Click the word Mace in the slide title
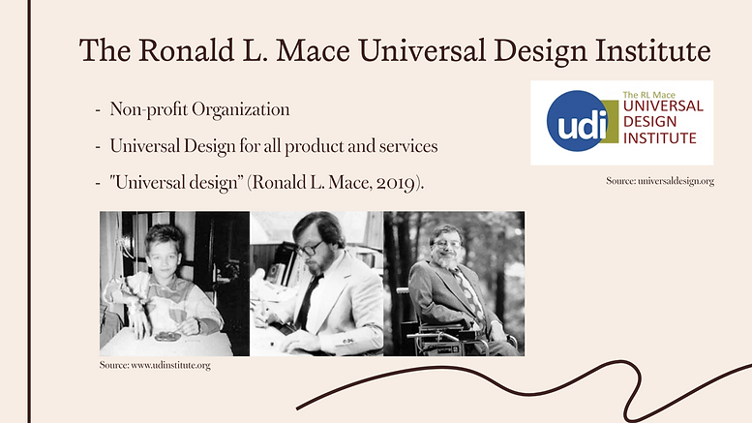313,50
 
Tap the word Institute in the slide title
652,50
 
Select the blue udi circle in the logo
578,121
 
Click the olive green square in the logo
610,121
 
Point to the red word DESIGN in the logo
649,122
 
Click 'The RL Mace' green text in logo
648,95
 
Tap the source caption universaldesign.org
660,181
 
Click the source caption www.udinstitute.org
155,365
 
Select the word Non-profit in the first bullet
149,109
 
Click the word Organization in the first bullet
241,109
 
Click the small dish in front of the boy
167,337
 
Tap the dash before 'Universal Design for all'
98,146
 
